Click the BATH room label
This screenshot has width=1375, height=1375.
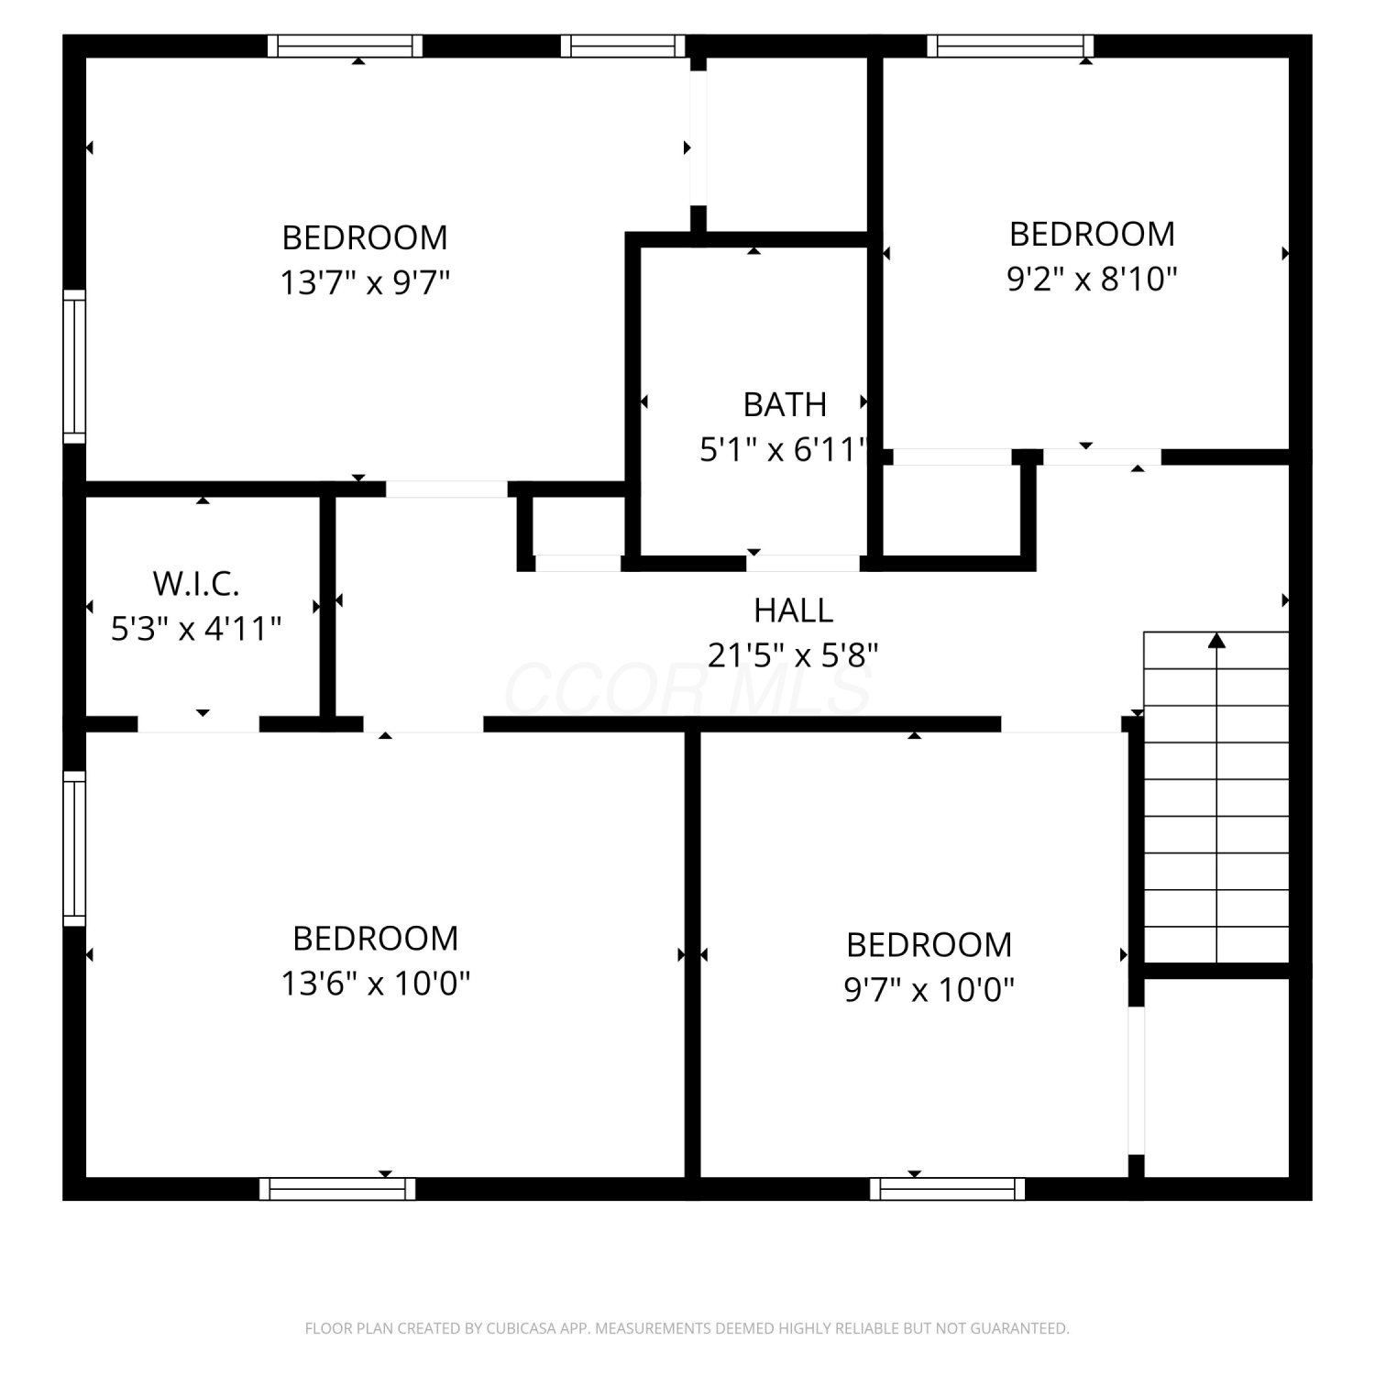point(785,404)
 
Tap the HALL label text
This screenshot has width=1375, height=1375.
point(794,610)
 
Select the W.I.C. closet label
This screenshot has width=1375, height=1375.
point(196,583)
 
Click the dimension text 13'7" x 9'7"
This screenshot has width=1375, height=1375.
point(365,282)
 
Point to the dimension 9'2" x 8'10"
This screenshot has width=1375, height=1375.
point(1092,279)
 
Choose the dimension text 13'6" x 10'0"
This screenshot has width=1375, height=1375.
point(376,984)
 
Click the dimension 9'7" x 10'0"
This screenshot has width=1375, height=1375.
point(929,990)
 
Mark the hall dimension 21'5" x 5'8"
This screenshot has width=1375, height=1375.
point(794,655)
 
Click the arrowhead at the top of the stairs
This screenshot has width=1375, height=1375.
point(1216,640)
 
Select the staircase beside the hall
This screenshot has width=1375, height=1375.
point(1216,797)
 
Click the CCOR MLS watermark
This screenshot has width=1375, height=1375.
point(687,689)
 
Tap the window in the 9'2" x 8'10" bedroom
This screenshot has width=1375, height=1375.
point(1010,46)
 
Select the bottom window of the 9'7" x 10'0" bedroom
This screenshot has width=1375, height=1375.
point(948,1189)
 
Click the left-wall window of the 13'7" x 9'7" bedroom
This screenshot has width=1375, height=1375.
point(74,367)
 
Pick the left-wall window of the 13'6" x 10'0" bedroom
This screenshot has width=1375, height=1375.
point(74,848)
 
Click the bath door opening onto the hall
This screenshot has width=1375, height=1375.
point(803,563)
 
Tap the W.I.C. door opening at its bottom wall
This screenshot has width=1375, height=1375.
point(198,724)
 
